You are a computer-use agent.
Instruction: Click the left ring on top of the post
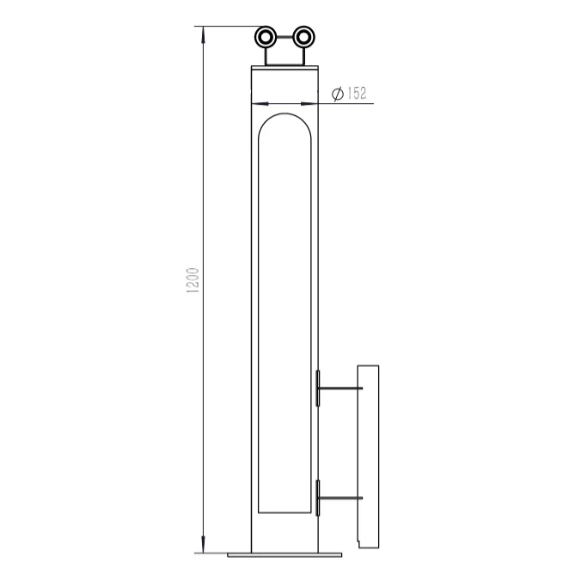point(267,37)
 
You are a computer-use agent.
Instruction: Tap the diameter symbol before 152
point(338,94)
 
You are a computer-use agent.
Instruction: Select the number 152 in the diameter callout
point(357,94)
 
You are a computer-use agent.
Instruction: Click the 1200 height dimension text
point(193,280)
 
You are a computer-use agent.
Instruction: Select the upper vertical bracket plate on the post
point(318,388)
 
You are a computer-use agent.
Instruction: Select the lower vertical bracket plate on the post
point(318,498)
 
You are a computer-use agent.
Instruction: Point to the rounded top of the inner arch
point(284,112)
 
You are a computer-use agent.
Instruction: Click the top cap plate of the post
point(284,67)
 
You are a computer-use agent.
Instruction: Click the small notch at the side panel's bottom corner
point(359,543)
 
